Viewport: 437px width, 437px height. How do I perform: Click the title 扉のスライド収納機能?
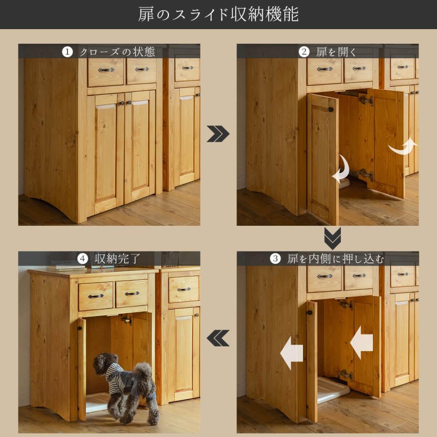218,14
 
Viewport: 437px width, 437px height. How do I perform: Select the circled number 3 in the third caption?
275,259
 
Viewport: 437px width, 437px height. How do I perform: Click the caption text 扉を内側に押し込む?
336,259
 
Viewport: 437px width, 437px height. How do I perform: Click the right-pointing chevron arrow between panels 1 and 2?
218,134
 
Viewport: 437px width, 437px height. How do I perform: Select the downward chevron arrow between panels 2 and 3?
333,238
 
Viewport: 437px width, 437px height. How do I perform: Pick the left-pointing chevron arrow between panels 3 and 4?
218,338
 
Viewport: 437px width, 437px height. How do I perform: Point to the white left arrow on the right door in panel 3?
361,343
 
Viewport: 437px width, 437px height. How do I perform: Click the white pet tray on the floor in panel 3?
333,391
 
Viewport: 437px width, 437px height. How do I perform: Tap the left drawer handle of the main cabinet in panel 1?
106,70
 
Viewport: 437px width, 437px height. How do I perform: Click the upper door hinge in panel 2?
365,100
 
